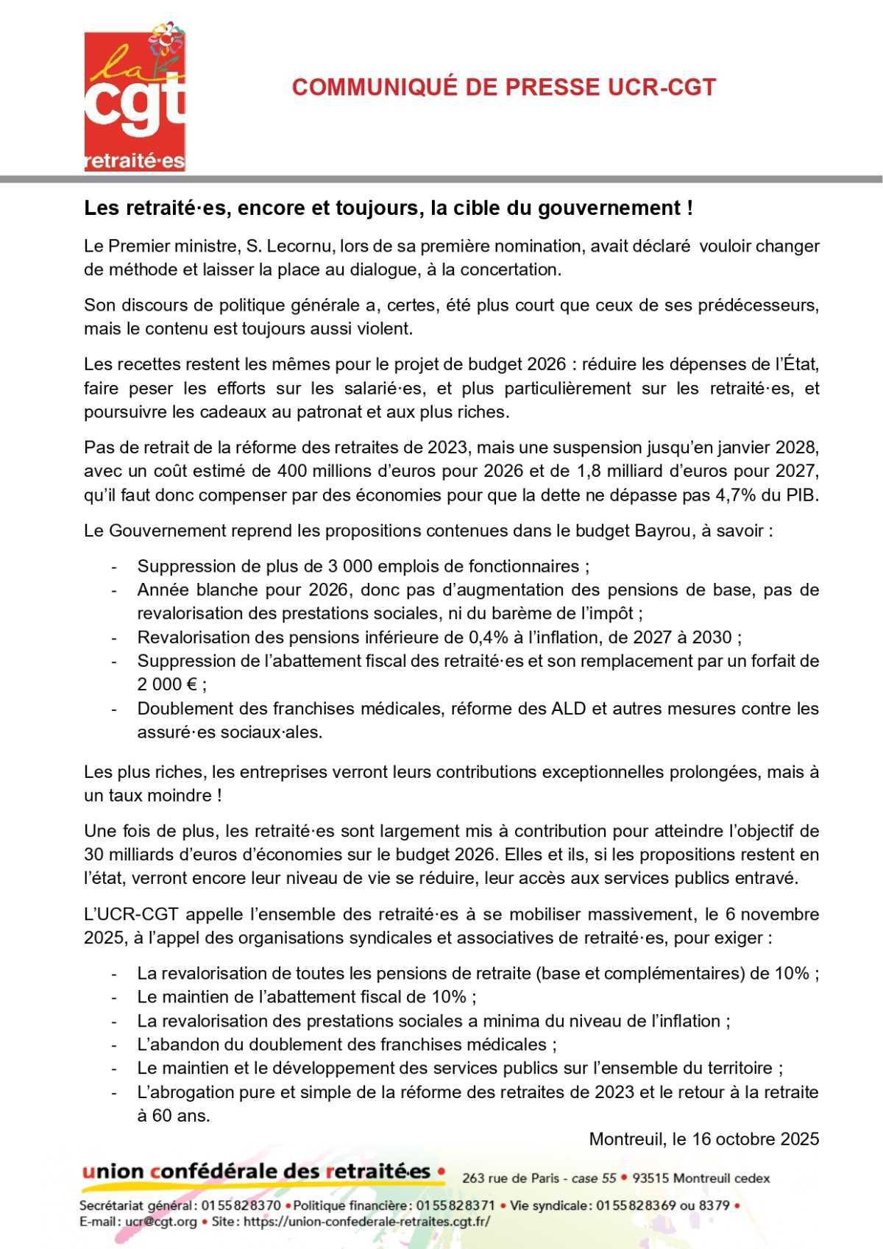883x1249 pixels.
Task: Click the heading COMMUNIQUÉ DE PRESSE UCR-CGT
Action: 503,87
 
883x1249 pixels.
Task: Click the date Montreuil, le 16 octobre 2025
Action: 703,1139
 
